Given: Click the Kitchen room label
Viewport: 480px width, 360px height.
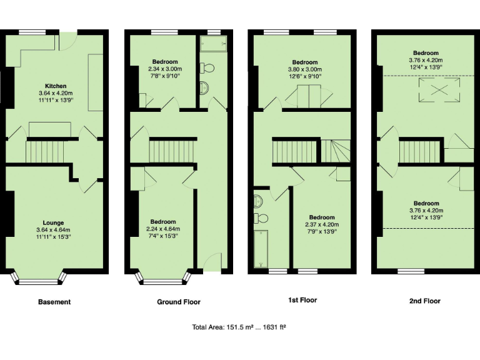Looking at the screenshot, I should [x=56, y=86].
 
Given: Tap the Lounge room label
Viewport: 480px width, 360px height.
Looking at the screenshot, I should [x=53, y=222].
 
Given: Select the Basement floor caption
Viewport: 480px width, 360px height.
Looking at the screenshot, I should [x=54, y=302].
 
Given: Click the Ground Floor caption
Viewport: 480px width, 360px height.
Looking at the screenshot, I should [x=179, y=302].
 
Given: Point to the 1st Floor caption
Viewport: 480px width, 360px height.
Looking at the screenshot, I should [x=302, y=300].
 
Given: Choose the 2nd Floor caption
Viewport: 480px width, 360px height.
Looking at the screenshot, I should [x=425, y=301].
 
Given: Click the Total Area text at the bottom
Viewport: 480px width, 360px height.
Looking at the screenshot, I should [x=240, y=327].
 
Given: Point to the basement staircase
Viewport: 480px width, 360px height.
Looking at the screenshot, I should [x=46, y=151].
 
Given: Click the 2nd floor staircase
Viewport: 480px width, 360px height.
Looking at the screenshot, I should [x=417, y=151].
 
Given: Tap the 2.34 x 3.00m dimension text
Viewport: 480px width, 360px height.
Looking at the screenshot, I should [x=163, y=69].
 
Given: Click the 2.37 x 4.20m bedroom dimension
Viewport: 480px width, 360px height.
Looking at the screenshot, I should [x=322, y=225].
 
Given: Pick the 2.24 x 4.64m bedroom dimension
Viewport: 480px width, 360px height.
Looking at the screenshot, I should [x=162, y=229].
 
